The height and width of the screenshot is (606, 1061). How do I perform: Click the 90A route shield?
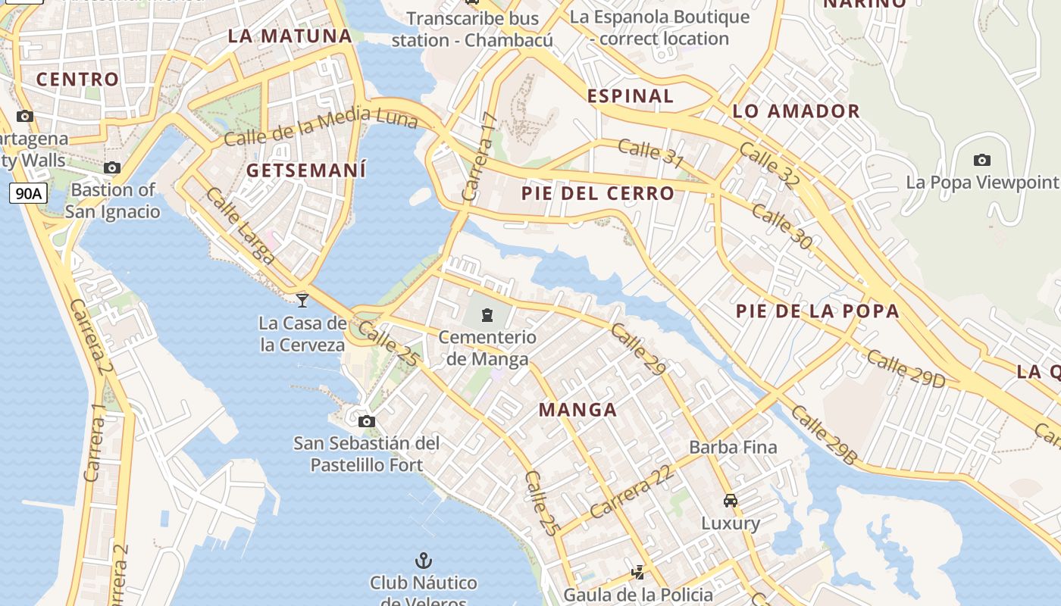(28, 194)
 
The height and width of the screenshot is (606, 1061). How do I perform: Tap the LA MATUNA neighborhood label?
(290, 36)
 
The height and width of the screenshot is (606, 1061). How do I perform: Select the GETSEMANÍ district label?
(306, 170)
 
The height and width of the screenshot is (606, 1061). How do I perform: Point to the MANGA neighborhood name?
(577, 410)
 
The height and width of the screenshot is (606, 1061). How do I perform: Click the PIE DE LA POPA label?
(818, 311)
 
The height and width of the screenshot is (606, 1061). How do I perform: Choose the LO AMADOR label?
(796, 111)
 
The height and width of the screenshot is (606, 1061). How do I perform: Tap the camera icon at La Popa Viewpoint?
(981, 160)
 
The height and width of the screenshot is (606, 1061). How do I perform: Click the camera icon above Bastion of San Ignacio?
(112, 167)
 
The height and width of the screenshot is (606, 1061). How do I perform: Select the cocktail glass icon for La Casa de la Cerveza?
(302, 301)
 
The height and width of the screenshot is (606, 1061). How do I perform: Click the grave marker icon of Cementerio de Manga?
(487, 315)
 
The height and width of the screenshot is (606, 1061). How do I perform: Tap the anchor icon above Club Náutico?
(423, 561)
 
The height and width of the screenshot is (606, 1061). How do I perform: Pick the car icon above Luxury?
(730, 501)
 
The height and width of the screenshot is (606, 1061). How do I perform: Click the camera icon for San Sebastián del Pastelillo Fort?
(366, 421)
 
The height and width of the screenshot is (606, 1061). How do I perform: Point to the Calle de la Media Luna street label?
(321, 127)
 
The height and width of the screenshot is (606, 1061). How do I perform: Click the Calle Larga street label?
(240, 226)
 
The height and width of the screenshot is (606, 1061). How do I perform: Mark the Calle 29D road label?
(906, 369)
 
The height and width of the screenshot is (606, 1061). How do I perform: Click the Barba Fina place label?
(733, 447)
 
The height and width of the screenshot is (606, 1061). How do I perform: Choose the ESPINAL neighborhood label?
(631, 95)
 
